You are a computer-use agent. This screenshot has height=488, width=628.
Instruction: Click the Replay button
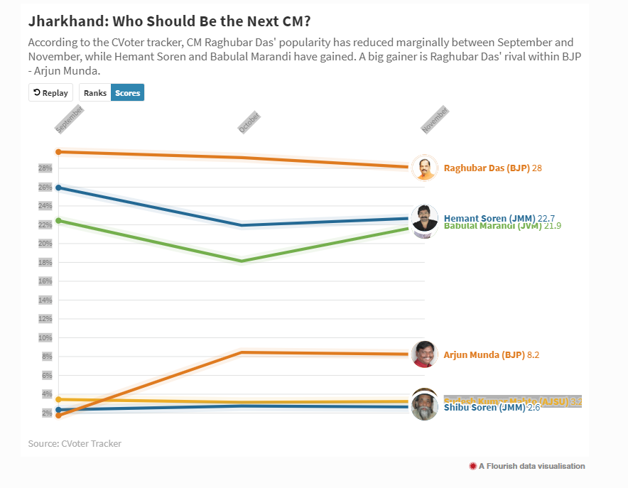pos(50,92)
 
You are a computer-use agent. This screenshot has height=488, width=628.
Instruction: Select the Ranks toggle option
pos(95,92)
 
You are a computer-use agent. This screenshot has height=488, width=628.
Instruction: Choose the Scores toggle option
pos(128,92)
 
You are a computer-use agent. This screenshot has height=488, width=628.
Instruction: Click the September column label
pos(69,119)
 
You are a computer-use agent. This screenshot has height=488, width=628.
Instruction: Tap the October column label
pos(249,122)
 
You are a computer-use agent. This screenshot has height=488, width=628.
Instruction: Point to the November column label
pos(435,120)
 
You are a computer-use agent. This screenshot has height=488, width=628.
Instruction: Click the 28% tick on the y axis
pos(45,168)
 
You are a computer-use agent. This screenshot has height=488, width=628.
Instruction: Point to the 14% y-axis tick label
pos(45,300)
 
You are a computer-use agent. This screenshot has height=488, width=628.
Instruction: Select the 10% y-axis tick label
pos(45,337)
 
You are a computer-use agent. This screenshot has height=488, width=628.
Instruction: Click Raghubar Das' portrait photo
pos(425,168)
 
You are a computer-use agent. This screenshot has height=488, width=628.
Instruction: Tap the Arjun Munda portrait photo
pos(425,354)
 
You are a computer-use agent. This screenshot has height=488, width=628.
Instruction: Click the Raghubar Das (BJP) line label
pos(487,168)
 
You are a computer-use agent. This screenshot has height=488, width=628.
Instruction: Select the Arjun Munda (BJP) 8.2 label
pos(497,354)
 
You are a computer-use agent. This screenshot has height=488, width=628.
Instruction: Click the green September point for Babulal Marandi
pos(58,220)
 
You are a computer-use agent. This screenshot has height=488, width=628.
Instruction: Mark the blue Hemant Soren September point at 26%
pos(58,188)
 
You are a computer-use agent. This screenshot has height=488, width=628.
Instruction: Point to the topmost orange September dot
pos(58,151)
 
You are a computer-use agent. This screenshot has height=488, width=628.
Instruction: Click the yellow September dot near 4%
pos(58,399)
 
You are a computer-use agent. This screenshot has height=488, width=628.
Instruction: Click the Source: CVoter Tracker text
pos(75,443)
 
